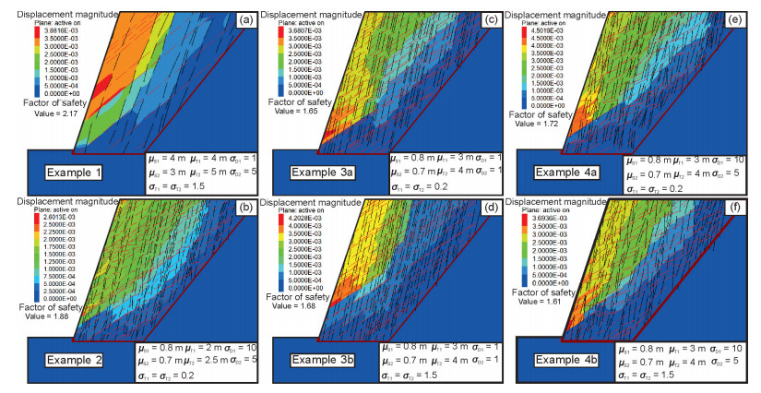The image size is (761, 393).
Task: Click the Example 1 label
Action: click(x=77, y=173)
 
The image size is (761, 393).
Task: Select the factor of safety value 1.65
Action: click(x=303, y=110)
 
